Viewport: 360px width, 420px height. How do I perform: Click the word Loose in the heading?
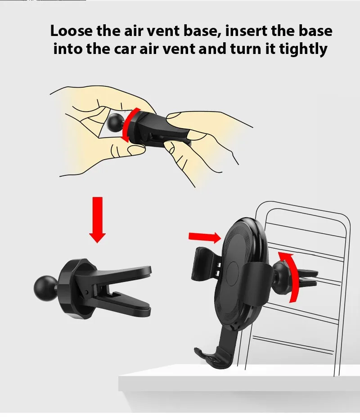71,31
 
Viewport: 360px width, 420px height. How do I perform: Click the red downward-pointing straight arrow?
97,220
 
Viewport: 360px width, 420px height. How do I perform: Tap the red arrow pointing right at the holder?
205,237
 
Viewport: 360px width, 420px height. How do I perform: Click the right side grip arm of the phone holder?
257,284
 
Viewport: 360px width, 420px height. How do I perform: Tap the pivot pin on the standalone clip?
86,291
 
